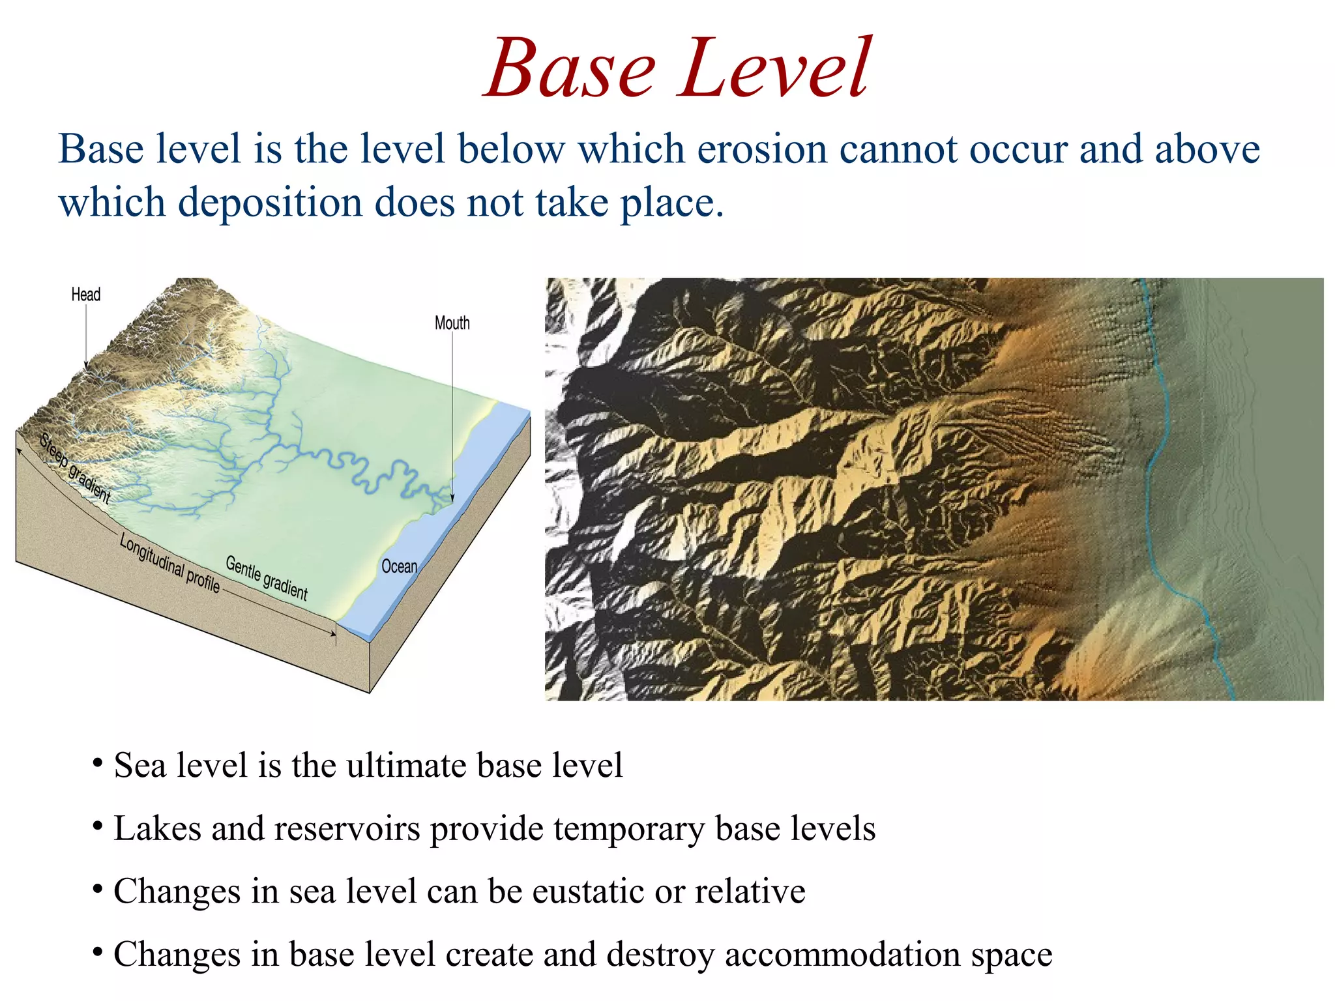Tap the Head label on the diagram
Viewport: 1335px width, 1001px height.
pyautogui.click(x=85, y=295)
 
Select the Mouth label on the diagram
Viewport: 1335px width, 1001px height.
pyautogui.click(x=452, y=323)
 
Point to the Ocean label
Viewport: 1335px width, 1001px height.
pyautogui.click(x=399, y=566)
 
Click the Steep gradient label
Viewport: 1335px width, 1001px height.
pyautogui.click(x=74, y=468)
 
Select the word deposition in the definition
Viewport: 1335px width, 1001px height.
pyautogui.click(x=269, y=203)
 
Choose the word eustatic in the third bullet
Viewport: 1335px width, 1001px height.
pyautogui.click(x=588, y=891)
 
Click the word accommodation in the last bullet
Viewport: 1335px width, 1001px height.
pyautogui.click(x=842, y=954)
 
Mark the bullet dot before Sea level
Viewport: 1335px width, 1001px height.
pyautogui.click(x=97, y=763)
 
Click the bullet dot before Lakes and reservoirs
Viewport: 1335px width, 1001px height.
pyautogui.click(x=97, y=826)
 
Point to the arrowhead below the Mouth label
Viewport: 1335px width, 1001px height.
pyautogui.click(x=452, y=498)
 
